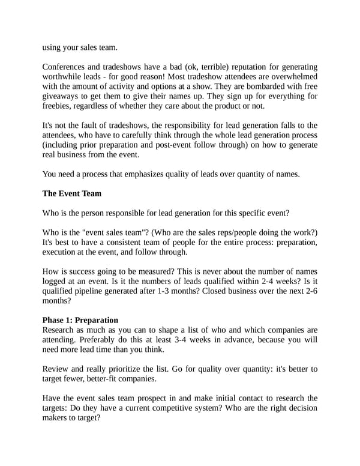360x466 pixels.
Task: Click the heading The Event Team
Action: (72, 194)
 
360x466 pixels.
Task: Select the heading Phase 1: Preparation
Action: (80, 320)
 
